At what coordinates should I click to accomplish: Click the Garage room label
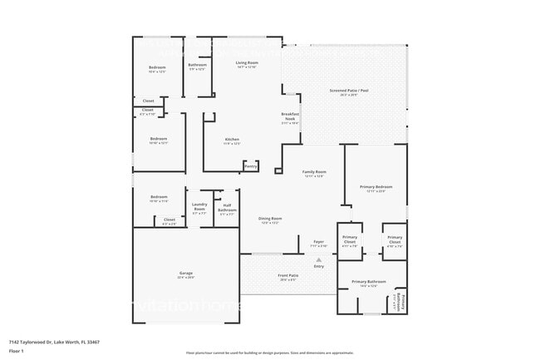(185, 274)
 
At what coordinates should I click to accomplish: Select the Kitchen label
(233, 140)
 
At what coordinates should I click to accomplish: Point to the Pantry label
(250, 165)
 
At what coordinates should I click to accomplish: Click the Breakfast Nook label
(290, 117)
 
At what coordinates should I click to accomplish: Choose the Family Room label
(313, 172)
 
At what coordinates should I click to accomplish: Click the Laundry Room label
(199, 208)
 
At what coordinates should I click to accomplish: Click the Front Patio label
(288, 275)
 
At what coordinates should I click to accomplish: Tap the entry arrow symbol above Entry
(318, 259)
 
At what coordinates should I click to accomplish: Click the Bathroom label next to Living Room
(197, 66)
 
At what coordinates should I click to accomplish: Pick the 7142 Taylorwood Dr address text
(48, 341)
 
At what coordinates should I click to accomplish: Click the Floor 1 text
(16, 350)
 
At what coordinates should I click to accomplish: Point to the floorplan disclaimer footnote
(269, 352)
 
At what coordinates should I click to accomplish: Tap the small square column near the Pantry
(278, 171)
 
